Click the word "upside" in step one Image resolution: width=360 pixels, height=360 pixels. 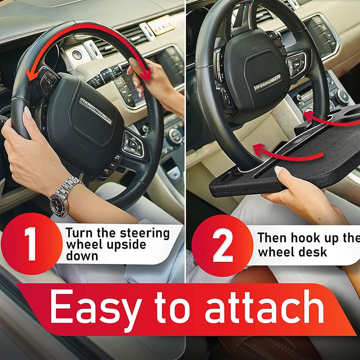125,245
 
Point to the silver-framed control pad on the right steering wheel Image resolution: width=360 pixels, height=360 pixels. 296,64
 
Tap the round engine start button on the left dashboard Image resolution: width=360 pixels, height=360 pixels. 76,55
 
